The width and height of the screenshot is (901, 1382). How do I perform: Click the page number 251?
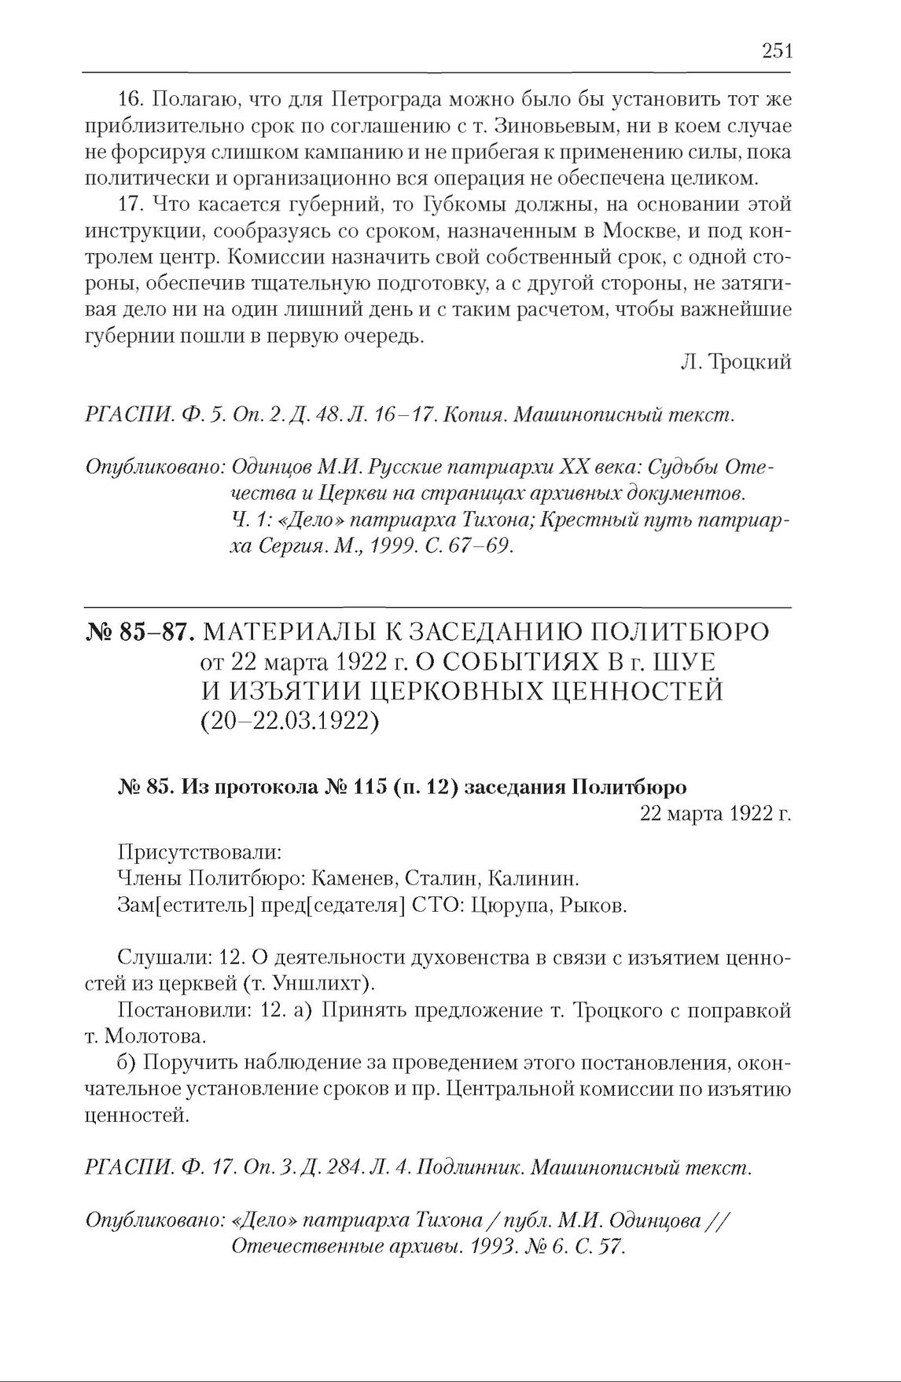pos(777,52)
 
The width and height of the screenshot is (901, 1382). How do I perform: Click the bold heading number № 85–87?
pos(142,634)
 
